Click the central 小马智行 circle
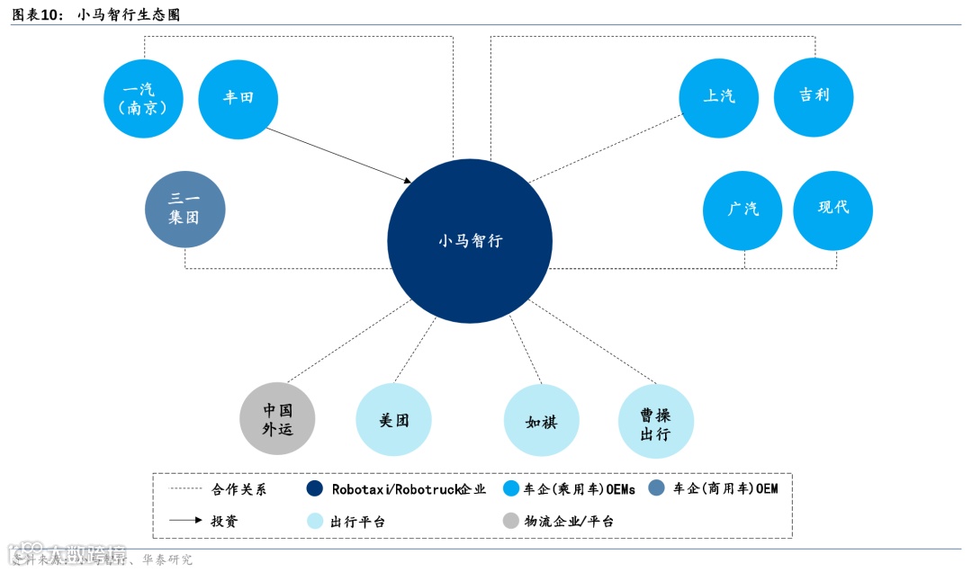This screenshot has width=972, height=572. pos(470,241)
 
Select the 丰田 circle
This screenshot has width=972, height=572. pos(238,98)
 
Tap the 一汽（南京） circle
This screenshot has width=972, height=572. pos(143,98)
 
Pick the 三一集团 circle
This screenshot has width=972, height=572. pos(184,210)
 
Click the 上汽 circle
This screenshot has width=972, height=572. pos(718,97)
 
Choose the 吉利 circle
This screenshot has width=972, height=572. pos(814,96)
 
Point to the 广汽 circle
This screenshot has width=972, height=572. pos(742,210)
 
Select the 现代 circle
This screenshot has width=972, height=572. pos(832,209)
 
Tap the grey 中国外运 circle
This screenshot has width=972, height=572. pos(278,419)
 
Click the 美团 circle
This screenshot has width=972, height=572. pos(394,420)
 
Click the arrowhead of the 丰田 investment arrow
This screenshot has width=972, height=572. pos(408,182)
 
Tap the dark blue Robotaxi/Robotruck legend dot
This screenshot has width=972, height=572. pos(314,489)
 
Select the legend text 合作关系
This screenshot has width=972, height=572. pos(238,490)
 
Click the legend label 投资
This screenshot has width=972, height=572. pos(225,521)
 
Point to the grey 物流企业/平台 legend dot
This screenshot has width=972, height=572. pos(511,521)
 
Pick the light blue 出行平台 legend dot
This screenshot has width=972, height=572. pos(314,521)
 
